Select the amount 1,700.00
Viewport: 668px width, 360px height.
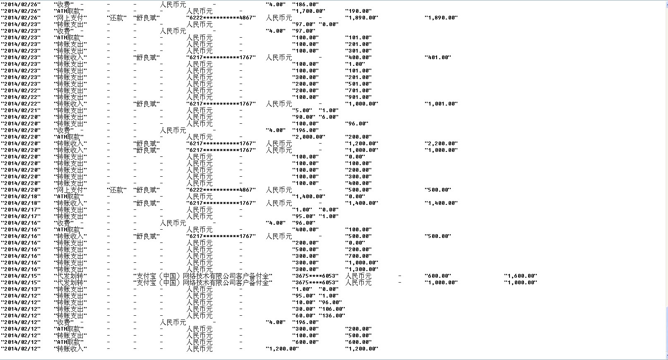[308, 11]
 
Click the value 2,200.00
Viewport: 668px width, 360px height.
[441, 144]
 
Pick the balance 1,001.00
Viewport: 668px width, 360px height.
[441, 104]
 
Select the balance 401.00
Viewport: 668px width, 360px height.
[437, 58]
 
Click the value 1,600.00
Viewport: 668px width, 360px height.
[520, 276]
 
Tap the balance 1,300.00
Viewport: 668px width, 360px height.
[361, 269]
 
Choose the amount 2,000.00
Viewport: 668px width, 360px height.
[308, 137]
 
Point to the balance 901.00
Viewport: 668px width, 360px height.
[358, 97]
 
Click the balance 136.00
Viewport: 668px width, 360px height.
[332, 316]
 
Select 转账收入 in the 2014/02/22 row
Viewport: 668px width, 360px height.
[70, 104]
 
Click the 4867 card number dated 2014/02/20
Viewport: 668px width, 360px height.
[221, 190]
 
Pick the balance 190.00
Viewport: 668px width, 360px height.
[358, 11]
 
